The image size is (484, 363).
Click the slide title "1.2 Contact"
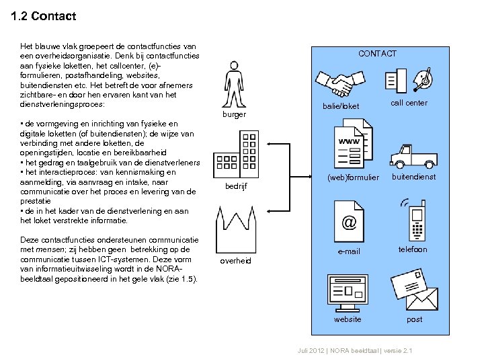click(44, 16)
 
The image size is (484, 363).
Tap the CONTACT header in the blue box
click(377, 54)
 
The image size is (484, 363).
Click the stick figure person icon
click(233, 84)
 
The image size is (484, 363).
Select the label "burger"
click(234, 114)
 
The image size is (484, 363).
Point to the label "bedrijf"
click(235, 186)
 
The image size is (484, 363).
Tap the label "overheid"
click(236, 260)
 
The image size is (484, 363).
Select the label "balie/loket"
click(341, 106)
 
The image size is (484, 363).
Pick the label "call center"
click(409, 103)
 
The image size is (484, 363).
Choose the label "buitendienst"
click(414, 177)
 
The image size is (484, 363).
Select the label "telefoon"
click(412, 249)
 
